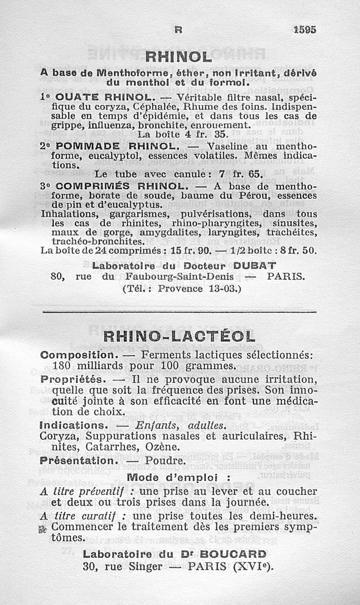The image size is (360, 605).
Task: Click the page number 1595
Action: pyautogui.click(x=305, y=29)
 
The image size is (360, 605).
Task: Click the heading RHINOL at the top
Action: pyautogui.click(x=179, y=57)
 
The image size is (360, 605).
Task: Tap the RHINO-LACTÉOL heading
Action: pyautogui.click(x=179, y=336)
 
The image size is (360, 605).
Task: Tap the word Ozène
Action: pyautogui.click(x=163, y=447)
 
